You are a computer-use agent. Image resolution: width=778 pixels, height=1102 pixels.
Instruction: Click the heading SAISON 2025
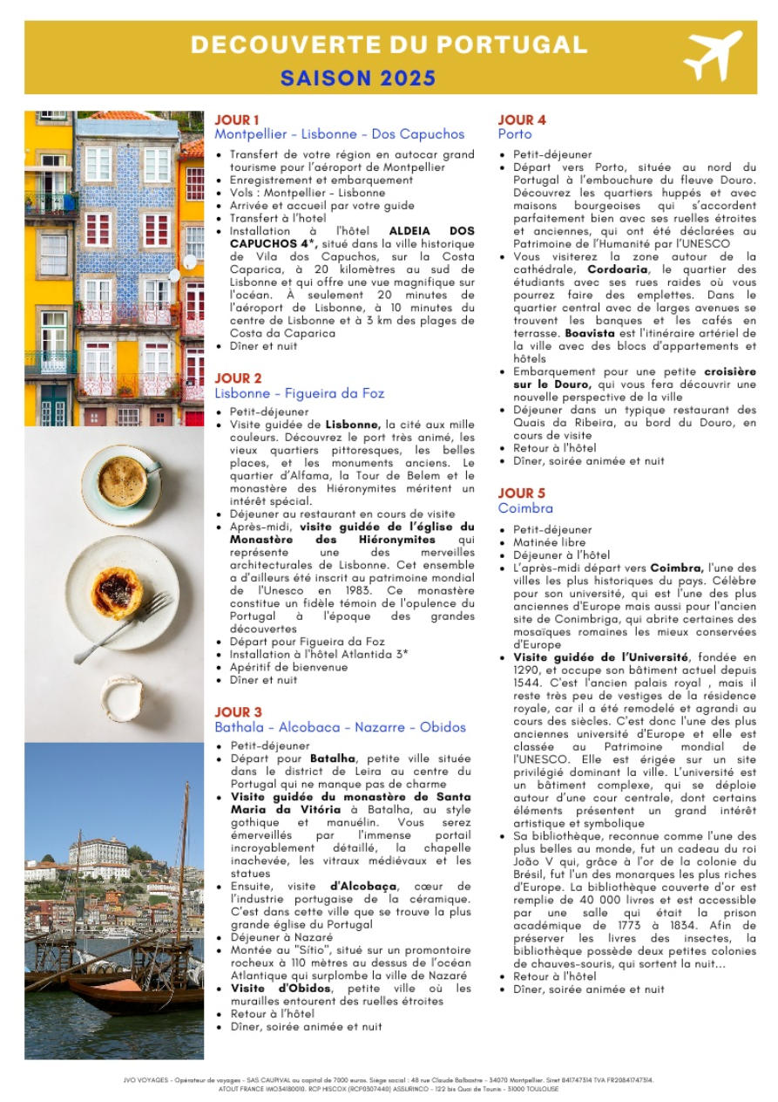coord(358,78)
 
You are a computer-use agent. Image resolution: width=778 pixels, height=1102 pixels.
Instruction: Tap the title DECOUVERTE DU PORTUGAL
coord(389,44)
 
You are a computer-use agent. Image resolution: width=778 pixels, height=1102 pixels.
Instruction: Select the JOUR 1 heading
coord(237,119)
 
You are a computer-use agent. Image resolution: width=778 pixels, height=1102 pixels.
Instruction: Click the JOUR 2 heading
coord(238,378)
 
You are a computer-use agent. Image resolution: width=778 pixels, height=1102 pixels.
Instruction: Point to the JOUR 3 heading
coord(238,712)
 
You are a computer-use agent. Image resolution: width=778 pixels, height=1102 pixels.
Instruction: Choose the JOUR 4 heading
coord(522,119)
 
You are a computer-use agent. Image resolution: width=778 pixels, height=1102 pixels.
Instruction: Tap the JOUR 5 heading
coord(522,493)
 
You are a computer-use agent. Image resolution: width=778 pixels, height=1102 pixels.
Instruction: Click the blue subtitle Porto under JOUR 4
coord(515,134)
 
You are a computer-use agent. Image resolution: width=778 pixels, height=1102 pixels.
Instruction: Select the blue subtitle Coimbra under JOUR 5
coord(525,508)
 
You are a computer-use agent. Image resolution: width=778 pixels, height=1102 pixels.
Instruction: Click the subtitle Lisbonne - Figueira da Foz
coord(299,394)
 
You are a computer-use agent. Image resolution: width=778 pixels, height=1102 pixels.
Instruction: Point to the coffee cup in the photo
coord(121,483)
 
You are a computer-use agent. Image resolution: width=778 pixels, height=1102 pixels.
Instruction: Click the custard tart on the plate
coord(117,590)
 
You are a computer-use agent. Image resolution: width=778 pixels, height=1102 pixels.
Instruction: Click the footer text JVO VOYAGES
coord(145,1079)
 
